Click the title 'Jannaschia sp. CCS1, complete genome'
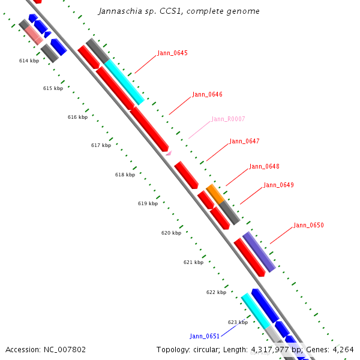coord(179,11)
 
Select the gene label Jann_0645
coord(172,53)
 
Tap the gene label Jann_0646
coord(208,94)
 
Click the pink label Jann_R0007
coord(228,119)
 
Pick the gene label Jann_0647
coord(245,141)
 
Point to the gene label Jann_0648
coord(264,166)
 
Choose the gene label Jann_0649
coord(279,185)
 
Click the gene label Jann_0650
coord(309,225)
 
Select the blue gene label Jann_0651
coord(205,336)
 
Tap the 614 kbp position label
coord(29,61)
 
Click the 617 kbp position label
coord(101,145)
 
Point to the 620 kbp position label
coord(171,233)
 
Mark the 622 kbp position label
coord(216,292)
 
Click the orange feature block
coord(215,194)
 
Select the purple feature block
coord(259,252)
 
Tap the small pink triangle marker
coord(169,153)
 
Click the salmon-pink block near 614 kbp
coord(34,35)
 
